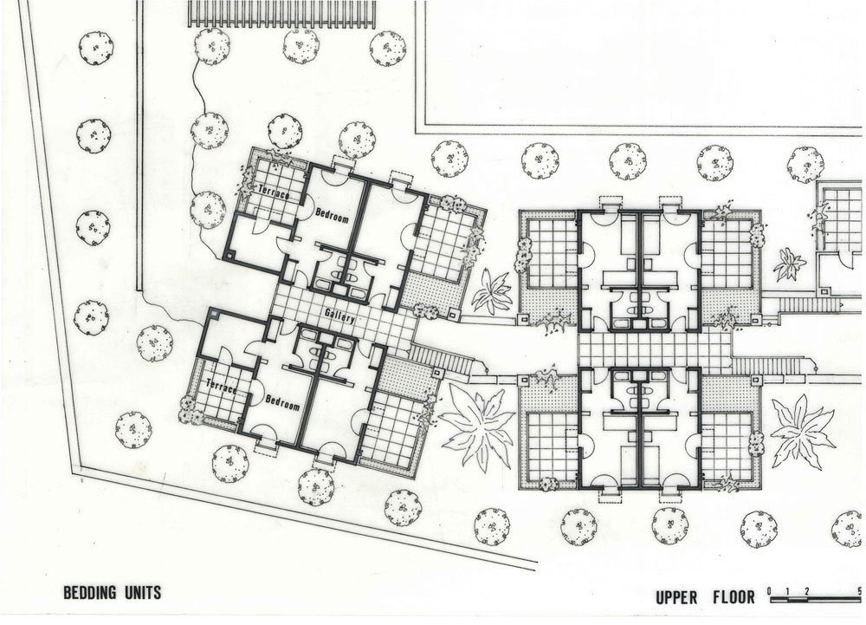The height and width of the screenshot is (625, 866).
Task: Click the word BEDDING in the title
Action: coord(89,592)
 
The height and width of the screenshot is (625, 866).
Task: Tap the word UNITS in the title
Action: coord(141,592)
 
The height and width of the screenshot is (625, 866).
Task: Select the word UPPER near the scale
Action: coord(676,597)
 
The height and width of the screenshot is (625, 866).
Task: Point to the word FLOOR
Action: coord(734,596)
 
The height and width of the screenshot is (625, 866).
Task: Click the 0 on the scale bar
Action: coord(769,590)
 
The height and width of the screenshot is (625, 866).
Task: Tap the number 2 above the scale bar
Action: coord(807,590)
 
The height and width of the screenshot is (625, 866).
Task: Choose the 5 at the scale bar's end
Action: coord(860,590)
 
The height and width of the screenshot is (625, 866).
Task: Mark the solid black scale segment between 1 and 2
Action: coord(798,598)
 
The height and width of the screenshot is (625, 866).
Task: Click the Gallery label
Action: coord(339,316)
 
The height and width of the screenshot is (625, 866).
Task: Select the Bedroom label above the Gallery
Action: coord(332,215)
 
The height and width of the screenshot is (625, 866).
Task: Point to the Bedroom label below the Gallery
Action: coord(282,402)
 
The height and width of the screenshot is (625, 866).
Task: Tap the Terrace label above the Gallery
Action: coord(274,192)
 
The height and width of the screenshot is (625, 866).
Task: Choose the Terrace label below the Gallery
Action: coord(221,386)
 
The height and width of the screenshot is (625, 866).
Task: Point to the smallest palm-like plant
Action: coord(789,264)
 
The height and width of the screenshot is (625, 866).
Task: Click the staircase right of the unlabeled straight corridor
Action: coord(768,366)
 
